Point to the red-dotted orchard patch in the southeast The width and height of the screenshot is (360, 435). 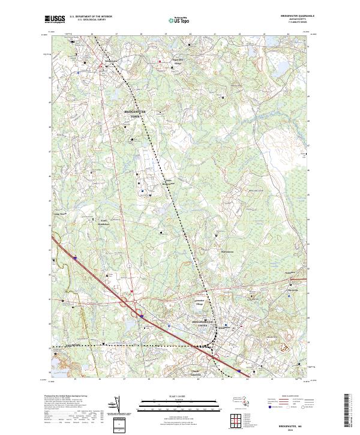[286, 346]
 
